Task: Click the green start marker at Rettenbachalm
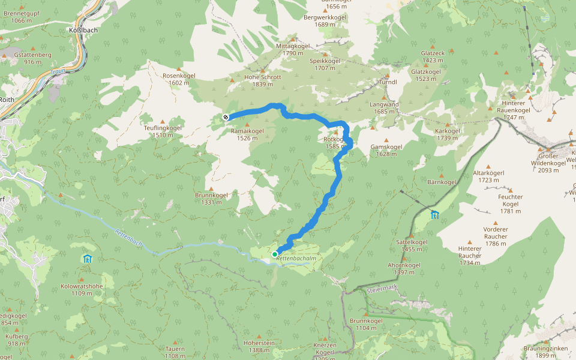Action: [x=275, y=254]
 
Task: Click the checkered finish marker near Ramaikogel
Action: [x=225, y=118]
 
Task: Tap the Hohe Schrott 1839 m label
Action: [x=263, y=80]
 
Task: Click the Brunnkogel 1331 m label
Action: [x=211, y=199]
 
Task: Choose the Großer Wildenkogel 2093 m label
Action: [x=548, y=166]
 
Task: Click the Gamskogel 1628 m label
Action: [x=386, y=150]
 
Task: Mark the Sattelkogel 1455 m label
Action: [x=412, y=245]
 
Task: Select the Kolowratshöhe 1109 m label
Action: [x=82, y=290]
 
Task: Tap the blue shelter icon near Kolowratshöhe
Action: [x=88, y=259]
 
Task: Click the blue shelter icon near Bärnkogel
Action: [x=434, y=215]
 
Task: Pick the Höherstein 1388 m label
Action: [x=259, y=346]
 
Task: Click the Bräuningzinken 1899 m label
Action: [x=545, y=352]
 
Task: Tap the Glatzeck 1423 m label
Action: [x=433, y=56]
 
